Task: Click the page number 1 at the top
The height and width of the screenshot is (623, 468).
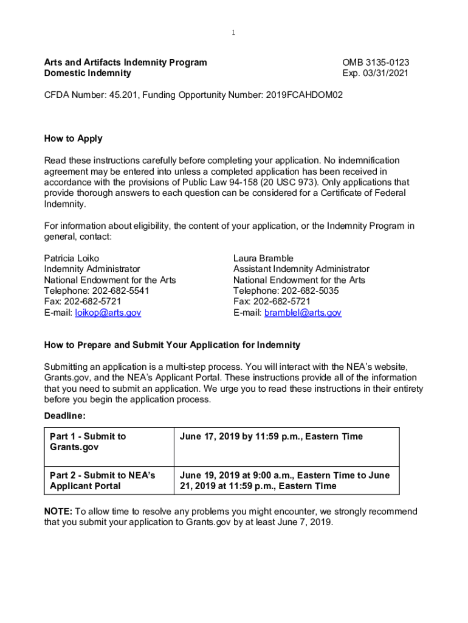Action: (x=234, y=33)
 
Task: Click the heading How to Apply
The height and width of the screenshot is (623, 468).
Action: (x=73, y=138)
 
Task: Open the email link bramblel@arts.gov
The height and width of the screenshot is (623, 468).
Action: (x=302, y=313)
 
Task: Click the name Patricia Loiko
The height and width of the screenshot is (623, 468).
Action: (x=71, y=258)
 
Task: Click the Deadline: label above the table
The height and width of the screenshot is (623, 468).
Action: (x=64, y=416)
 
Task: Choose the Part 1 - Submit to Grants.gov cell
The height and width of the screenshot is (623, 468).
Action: (x=88, y=442)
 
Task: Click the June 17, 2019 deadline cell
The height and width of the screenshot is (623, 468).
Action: (x=271, y=436)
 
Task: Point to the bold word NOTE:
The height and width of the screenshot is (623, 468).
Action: (x=58, y=512)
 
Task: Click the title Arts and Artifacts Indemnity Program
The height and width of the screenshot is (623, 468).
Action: (x=125, y=62)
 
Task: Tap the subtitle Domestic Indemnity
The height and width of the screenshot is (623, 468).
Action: (x=87, y=73)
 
